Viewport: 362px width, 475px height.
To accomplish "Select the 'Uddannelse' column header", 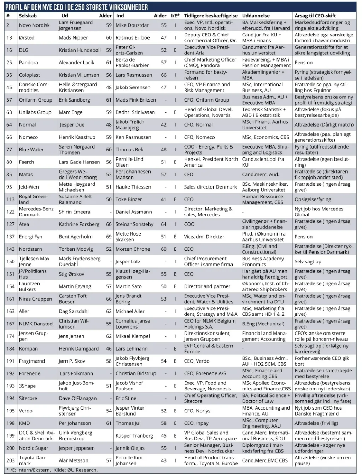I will pyautogui.click(x=256, y=16).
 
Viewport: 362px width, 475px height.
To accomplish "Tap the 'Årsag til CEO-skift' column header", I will pyautogui.click(x=315, y=16).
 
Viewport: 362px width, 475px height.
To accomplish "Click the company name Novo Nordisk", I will pyautogui.click(x=34, y=25).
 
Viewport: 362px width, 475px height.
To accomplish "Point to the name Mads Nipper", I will pyautogui.click(x=73, y=37).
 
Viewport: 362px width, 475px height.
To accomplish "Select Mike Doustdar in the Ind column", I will pyautogui.click(x=132, y=25).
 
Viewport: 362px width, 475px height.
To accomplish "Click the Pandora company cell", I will pyautogui.click(x=28, y=63).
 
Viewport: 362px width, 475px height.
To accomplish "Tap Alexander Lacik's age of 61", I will pyautogui.click(x=109, y=63).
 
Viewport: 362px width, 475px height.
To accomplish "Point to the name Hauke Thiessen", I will pyautogui.click(x=133, y=187).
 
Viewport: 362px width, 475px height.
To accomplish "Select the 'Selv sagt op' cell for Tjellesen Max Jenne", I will pyautogui.click(x=308, y=261).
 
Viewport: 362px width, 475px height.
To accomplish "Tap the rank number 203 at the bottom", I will pyautogui.click(x=11, y=460).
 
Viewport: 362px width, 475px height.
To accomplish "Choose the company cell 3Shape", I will pyautogui.click(x=27, y=386).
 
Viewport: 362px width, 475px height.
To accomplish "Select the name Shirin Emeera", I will pyautogui.click(x=75, y=212).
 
